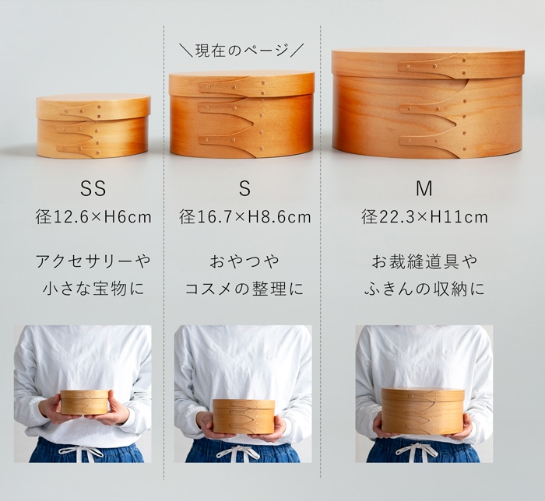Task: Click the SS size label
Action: [93, 189]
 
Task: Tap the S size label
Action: [244, 189]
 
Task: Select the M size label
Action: [424, 189]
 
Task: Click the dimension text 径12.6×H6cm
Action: [93, 217]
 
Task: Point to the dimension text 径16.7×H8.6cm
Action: [244, 217]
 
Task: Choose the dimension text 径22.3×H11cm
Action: [424, 217]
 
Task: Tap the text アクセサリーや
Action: [93, 260]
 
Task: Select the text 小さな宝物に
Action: [93, 289]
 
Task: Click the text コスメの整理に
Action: [244, 289]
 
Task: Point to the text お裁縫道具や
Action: [424, 260]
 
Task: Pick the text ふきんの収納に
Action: [424, 289]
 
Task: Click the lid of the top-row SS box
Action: [93, 106]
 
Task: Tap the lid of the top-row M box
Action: [427, 62]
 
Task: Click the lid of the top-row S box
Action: [241, 83]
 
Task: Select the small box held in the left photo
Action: [84, 401]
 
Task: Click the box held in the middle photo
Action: [244, 416]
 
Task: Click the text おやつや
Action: [244, 260]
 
